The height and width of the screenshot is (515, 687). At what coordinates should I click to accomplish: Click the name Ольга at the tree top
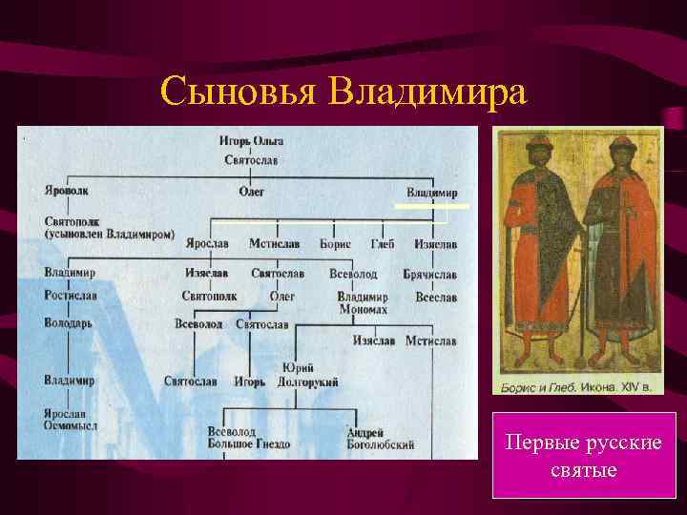point(270,141)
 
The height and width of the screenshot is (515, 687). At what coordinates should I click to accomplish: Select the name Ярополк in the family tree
point(67,190)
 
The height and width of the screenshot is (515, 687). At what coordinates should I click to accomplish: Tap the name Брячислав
point(429,274)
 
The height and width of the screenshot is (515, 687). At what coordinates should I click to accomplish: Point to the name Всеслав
point(435,298)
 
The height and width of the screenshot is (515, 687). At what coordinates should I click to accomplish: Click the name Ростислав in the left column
point(70,296)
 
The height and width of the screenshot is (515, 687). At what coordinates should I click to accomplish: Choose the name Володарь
point(68,322)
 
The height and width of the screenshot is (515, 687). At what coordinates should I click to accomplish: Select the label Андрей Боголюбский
point(380,439)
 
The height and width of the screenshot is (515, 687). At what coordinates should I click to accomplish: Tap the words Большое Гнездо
point(243,443)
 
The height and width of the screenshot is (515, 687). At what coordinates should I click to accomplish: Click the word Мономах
point(362,310)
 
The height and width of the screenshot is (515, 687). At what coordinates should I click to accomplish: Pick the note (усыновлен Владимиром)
point(109,233)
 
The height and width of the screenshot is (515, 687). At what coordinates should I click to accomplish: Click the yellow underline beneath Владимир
point(432,206)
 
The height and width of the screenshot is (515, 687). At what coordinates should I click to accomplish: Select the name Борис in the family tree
point(335,244)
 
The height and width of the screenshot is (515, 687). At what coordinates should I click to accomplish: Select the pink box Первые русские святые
point(584,456)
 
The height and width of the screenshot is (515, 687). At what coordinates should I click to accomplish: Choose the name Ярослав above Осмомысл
point(65,414)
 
